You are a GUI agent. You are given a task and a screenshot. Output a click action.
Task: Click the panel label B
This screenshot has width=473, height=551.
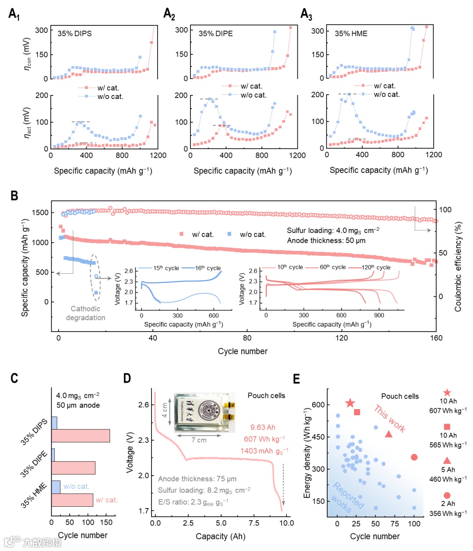(x=14, y=196)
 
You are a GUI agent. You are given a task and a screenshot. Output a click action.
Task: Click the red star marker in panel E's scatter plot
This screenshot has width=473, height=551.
(x=349, y=403)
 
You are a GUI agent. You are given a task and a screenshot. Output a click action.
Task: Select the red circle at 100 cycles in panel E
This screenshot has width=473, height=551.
(x=414, y=457)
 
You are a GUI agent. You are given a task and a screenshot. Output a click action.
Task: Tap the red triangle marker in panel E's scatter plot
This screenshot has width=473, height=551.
(x=388, y=434)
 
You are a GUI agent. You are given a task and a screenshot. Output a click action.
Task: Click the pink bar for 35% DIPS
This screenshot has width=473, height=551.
(x=81, y=436)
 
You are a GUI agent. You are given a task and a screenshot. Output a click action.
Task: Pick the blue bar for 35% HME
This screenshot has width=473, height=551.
(x=56, y=487)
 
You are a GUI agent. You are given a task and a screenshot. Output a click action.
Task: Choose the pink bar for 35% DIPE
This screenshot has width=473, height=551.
(x=73, y=468)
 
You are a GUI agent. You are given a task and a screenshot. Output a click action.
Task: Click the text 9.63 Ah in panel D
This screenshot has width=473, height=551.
(x=263, y=427)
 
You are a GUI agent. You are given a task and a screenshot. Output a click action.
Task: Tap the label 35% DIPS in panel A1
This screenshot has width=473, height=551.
(x=74, y=33)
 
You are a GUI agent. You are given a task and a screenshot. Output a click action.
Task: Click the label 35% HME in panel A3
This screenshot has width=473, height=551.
(x=351, y=33)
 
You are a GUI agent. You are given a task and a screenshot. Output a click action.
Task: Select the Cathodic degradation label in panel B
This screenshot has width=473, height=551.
(x=85, y=313)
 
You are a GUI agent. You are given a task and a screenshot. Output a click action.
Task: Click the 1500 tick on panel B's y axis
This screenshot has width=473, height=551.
(x=40, y=212)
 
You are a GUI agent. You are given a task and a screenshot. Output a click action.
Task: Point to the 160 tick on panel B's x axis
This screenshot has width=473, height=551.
(x=436, y=338)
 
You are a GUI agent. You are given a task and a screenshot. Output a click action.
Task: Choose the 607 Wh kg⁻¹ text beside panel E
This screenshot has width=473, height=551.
(x=448, y=410)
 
